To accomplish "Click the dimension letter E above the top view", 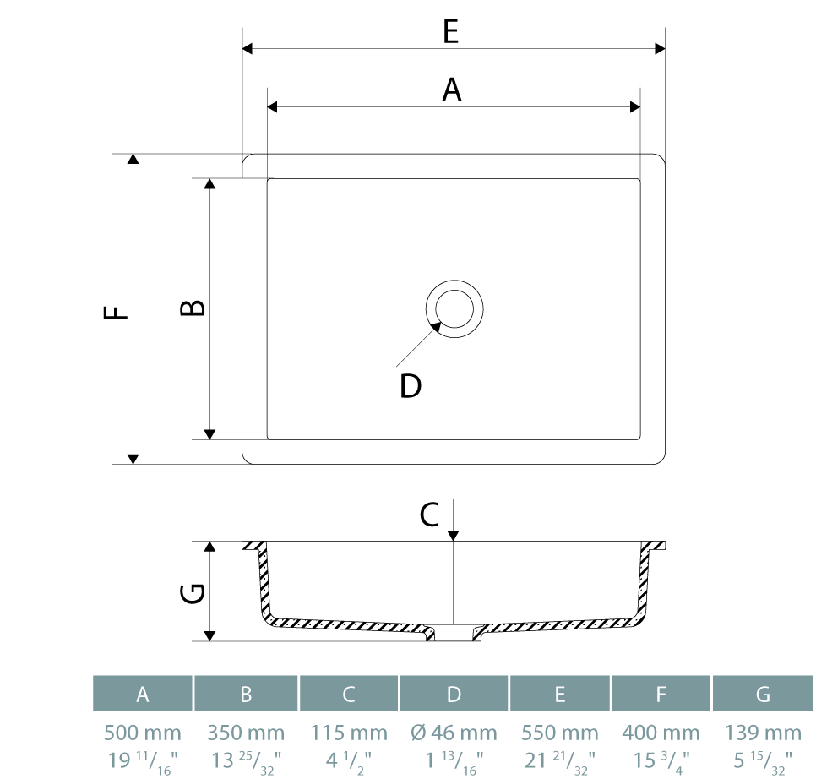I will coord(450,32).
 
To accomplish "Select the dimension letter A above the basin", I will coord(452,90).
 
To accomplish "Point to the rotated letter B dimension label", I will coord(193,308).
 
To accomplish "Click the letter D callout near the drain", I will coord(411,386).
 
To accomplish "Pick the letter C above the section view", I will coord(429,514).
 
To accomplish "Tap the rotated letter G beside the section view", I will coord(193,594).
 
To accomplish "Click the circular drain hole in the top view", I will coord(454,308).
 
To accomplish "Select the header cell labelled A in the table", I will coord(143,694).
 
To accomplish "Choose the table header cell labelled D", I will coord(454,694).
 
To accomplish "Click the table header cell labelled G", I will coord(763,694).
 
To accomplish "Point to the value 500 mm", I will coord(143,733).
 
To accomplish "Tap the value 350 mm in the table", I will coord(246,733).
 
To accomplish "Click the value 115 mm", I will coord(349,733).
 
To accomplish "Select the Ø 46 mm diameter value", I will coord(454,733).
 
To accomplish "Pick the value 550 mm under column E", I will coord(560,733).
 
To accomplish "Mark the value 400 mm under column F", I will coord(661,733).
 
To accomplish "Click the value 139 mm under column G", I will coord(763,733).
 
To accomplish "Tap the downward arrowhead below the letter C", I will coord(454,535).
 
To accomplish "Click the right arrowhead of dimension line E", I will coord(661,49).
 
